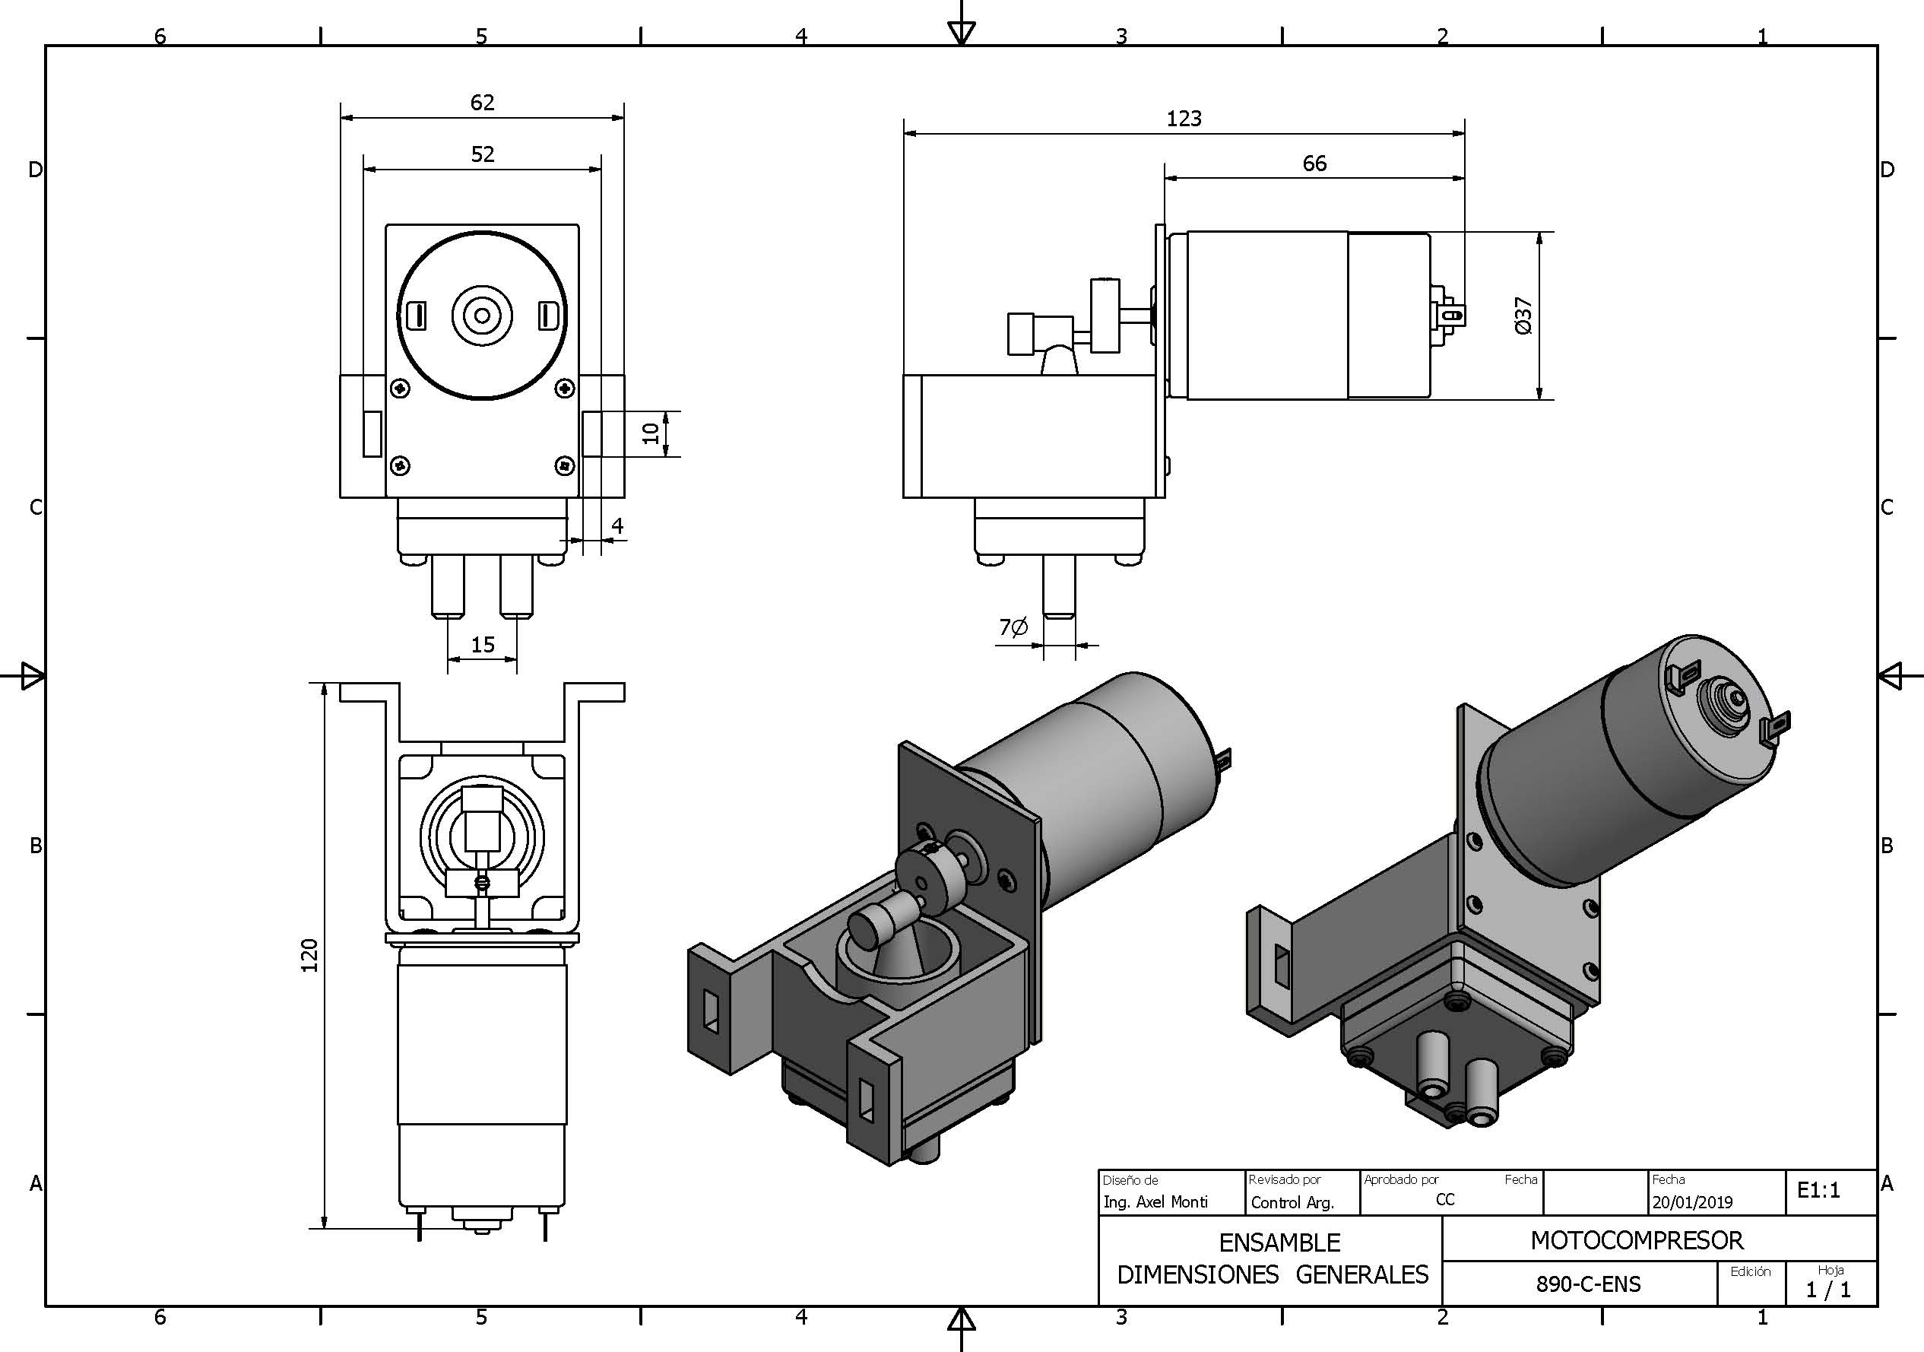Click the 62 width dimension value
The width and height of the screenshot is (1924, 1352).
click(x=482, y=102)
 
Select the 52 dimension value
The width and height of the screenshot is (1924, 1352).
click(x=482, y=154)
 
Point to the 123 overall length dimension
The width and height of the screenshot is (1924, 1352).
click(x=1184, y=119)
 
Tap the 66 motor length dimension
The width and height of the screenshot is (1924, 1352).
click(x=1314, y=163)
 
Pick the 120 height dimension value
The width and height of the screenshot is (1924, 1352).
click(x=310, y=956)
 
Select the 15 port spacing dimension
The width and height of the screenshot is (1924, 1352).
click(x=483, y=645)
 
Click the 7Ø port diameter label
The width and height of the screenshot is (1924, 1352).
click(x=1013, y=627)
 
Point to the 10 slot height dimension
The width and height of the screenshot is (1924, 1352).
click(x=650, y=433)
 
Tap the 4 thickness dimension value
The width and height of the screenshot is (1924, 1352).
click(x=617, y=525)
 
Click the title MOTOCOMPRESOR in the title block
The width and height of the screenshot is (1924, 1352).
click(x=1636, y=1240)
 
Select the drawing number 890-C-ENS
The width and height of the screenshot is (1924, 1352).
click(x=1588, y=1284)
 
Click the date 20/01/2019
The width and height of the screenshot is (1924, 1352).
click(x=1692, y=1202)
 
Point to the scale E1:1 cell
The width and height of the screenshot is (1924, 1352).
click(x=1818, y=1190)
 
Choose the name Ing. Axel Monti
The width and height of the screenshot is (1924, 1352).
click(x=1155, y=1202)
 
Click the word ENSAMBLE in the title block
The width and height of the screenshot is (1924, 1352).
click(x=1279, y=1243)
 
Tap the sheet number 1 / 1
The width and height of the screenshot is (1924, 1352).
click(x=1828, y=1289)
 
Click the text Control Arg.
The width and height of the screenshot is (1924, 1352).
click(x=1292, y=1203)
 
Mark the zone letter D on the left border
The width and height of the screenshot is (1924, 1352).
click(x=35, y=170)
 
